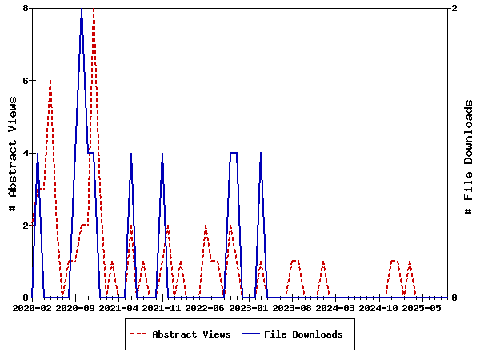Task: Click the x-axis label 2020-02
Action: click(x=33, y=307)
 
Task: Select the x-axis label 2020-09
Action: click(x=76, y=307)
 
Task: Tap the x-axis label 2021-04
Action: click(x=119, y=307)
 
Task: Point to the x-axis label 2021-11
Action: click(x=162, y=307)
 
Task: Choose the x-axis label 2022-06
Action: click(x=206, y=307)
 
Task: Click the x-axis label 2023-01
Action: click(x=249, y=307)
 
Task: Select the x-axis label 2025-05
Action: click(x=422, y=307)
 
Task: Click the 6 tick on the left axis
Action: click(x=26, y=81)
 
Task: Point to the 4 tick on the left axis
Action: click(x=26, y=153)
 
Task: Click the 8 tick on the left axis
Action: click(x=26, y=8)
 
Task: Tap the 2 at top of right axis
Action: click(x=454, y=8)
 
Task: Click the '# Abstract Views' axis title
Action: click(x=12, y=153)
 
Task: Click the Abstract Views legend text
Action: click(x=191, y=334)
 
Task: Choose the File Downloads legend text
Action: click(x=303, y=334)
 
